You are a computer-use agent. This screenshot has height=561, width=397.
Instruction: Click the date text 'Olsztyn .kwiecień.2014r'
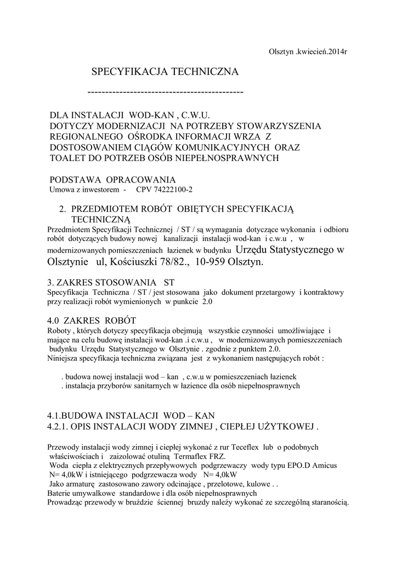[308, 51]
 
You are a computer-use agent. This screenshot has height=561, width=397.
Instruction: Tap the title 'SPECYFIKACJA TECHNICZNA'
[165, 72]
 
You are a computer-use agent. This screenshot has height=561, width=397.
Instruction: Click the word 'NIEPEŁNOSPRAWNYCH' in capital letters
[229, 158]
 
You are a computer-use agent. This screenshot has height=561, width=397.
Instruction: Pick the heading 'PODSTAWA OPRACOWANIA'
[112, 180]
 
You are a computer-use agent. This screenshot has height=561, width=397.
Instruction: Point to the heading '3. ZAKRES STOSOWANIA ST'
[111, 283]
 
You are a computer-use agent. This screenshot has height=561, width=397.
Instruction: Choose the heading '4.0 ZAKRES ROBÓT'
[92, 320]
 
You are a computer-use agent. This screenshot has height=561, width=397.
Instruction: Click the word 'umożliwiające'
[303, 330]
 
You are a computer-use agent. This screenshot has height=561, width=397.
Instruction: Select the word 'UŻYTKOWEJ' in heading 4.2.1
[289, 426]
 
